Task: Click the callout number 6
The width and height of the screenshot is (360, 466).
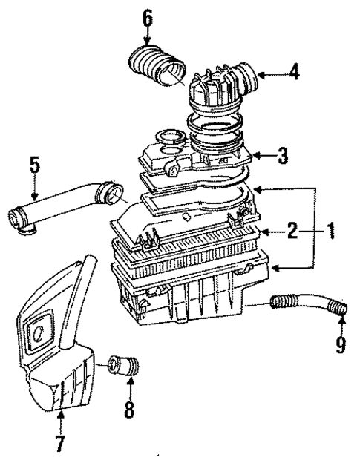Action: [x=148, y=17]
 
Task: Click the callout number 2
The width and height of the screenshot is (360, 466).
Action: [x=293, y=232]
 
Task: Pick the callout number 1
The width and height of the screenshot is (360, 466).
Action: [x=332, y=232]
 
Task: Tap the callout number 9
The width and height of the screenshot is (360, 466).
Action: [x=341, y=346]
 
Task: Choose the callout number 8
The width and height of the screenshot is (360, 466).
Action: [x=129, y=410]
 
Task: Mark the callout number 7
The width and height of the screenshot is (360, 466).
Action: [x=59, y=444]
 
